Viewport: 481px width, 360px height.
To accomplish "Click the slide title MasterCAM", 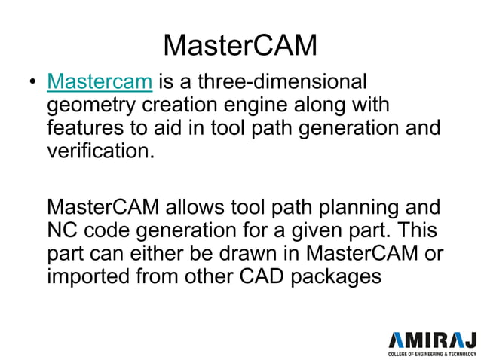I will [x=240, y=45].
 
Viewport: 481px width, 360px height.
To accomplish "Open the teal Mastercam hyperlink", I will [x=100, y=81].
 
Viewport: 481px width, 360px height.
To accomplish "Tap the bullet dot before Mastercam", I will [x=32, y=82].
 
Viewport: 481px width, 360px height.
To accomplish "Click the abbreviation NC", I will [x=63, y=230].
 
